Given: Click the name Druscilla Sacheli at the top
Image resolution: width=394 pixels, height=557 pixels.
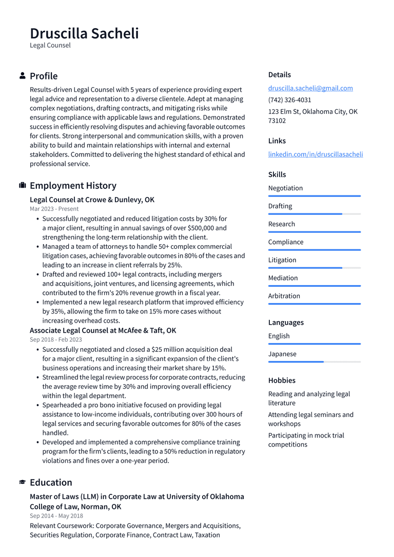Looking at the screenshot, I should click(x=84, y=33).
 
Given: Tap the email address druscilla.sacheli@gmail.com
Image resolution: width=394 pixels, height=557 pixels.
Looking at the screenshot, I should click(x=310, y=88).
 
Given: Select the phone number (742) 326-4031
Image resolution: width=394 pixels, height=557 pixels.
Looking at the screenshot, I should click(x=289, y=100).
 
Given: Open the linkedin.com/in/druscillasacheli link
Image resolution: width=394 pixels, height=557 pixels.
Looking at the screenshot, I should click(x=315, y=154).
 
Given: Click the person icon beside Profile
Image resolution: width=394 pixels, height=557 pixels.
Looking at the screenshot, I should click(x=23, y=76).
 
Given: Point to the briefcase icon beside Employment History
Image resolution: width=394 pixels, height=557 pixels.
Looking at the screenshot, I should click(x=23, y=185).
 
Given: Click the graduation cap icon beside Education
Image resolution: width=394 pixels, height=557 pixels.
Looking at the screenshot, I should click(x=23, y=482).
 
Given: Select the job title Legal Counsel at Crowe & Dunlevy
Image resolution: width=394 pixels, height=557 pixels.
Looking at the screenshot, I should click(x=92, y=200).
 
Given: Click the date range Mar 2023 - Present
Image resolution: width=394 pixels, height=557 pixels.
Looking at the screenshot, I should click(x=54, y=209).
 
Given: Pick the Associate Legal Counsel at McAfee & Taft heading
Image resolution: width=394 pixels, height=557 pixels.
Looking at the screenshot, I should click(x=103, y=330).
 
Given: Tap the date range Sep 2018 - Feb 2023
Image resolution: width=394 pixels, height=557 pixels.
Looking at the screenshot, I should click(x=55, y=340).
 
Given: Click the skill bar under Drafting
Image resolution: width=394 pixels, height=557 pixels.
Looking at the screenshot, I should click(x=314, y=214).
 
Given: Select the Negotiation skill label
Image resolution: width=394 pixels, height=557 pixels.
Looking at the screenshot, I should click(x=285, y=188).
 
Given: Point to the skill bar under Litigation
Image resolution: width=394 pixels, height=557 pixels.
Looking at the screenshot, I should click(x=314, y=268).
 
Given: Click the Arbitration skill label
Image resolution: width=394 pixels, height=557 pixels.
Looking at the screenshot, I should click(x=284, y=296).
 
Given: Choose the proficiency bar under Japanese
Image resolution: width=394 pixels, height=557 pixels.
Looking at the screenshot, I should click(x=314, y=362).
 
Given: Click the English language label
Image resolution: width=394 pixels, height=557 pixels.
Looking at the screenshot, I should click(x=279, y=336).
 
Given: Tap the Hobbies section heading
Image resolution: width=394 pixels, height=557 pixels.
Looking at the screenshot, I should click(x=282, y=381).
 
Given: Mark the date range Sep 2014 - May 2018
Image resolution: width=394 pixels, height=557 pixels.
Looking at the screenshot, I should click(x=56, y=516).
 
